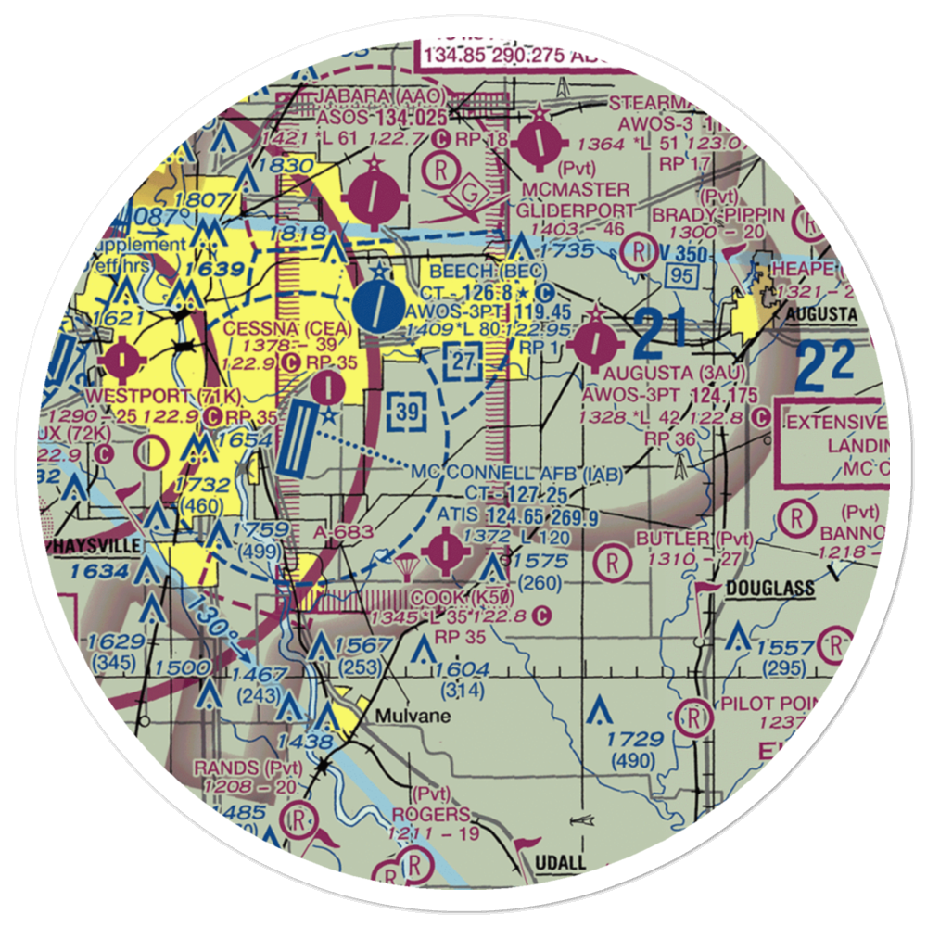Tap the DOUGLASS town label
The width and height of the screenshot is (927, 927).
pos(769,588)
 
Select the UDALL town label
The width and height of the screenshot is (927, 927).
pos(561,863)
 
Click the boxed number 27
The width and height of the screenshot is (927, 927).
pos(463,360)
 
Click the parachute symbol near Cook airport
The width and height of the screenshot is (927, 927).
pos(405,563)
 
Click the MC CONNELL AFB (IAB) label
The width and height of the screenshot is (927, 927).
pos(515,473)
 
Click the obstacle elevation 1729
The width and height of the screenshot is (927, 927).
pos(636,739)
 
